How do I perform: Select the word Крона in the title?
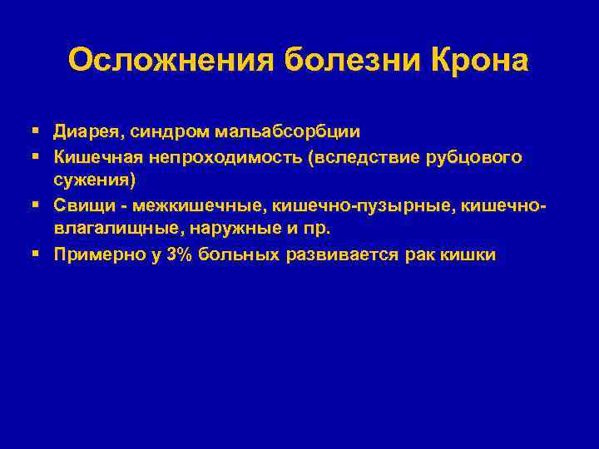pyautogui.click(x=479, y=61)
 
